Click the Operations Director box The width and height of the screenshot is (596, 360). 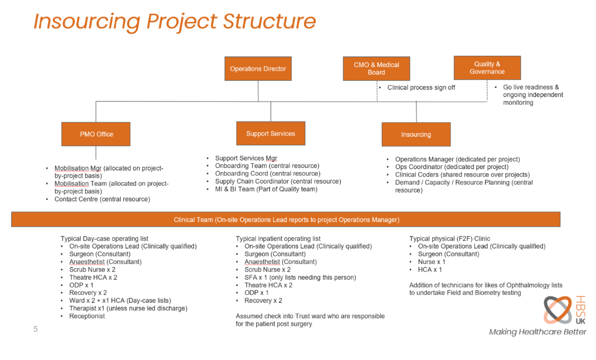point(258,68)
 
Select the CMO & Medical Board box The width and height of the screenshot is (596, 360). point(376,68)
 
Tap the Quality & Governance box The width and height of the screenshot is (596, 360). point(487,68)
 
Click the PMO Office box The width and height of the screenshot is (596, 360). point(96,134)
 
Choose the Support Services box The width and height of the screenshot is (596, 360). point(271,134)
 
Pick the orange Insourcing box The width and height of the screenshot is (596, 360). point(417,135)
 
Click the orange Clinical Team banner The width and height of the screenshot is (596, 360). point(286,220)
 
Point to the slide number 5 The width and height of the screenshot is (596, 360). point(35,329)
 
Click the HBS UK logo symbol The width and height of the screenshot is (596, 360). point(558,310)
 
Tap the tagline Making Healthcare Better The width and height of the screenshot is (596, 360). point(538,332)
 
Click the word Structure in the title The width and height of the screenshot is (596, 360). point(269,22)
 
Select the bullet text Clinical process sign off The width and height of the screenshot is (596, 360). point(421,88)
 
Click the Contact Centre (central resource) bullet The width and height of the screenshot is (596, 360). point(103,199)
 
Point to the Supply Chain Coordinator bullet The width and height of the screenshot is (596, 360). point(278,181)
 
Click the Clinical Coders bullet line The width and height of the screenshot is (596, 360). point(463,175)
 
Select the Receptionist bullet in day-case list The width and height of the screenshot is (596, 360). point(87,316)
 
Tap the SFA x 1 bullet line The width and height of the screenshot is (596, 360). point(300,277)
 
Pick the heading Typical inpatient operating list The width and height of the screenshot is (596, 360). point(278,239)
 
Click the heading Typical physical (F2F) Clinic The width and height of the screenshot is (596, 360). point(450,239)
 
